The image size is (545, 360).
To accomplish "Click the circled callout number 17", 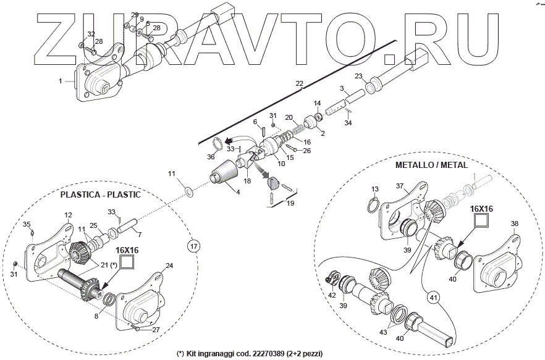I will click(x=193, y=246).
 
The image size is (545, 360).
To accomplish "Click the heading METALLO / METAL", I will click(x=431, y=165).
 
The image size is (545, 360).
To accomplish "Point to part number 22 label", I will click(x=299, y=83).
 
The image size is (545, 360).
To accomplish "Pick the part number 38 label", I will click(x=515, y=224).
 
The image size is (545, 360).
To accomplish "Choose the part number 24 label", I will click(x=169, y=267).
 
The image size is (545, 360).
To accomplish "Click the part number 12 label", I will click(x=68, y=215).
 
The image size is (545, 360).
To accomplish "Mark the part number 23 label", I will click(x=358, y=76).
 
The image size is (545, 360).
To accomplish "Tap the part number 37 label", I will click(x=399, y=186).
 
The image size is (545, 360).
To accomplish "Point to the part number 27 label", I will click(x=156, y=330).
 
